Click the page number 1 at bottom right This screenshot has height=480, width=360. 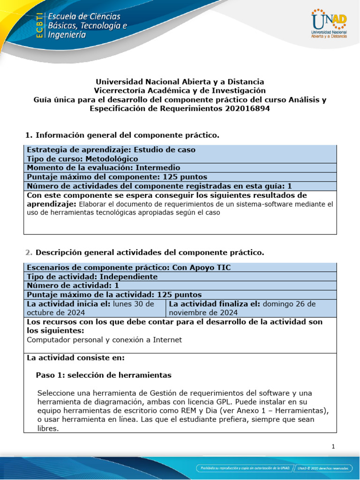click(x=333, y=447)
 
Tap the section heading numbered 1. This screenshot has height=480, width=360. click(x=122, y=135)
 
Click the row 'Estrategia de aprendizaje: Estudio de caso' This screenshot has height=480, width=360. click(x=111, y=150)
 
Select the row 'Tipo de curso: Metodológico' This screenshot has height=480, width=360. click(x=82, y=159)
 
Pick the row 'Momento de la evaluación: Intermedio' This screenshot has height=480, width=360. click(x=103, y=168)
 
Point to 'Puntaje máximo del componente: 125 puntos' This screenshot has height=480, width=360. click(x=117, y=177)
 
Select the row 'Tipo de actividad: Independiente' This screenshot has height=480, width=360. click(x=92, y=277)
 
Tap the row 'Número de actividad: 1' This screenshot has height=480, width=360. click(x=73, y=285)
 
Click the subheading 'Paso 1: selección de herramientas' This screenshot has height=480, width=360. click(x=104, y=375)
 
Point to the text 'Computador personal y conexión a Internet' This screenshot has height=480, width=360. click(x=104, y=340)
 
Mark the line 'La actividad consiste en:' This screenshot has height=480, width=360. click(x=75, y=358)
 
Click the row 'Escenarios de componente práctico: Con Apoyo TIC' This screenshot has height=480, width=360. click(x=129, y=267)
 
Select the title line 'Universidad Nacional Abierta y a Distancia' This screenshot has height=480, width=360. click(x=180, y=82)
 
